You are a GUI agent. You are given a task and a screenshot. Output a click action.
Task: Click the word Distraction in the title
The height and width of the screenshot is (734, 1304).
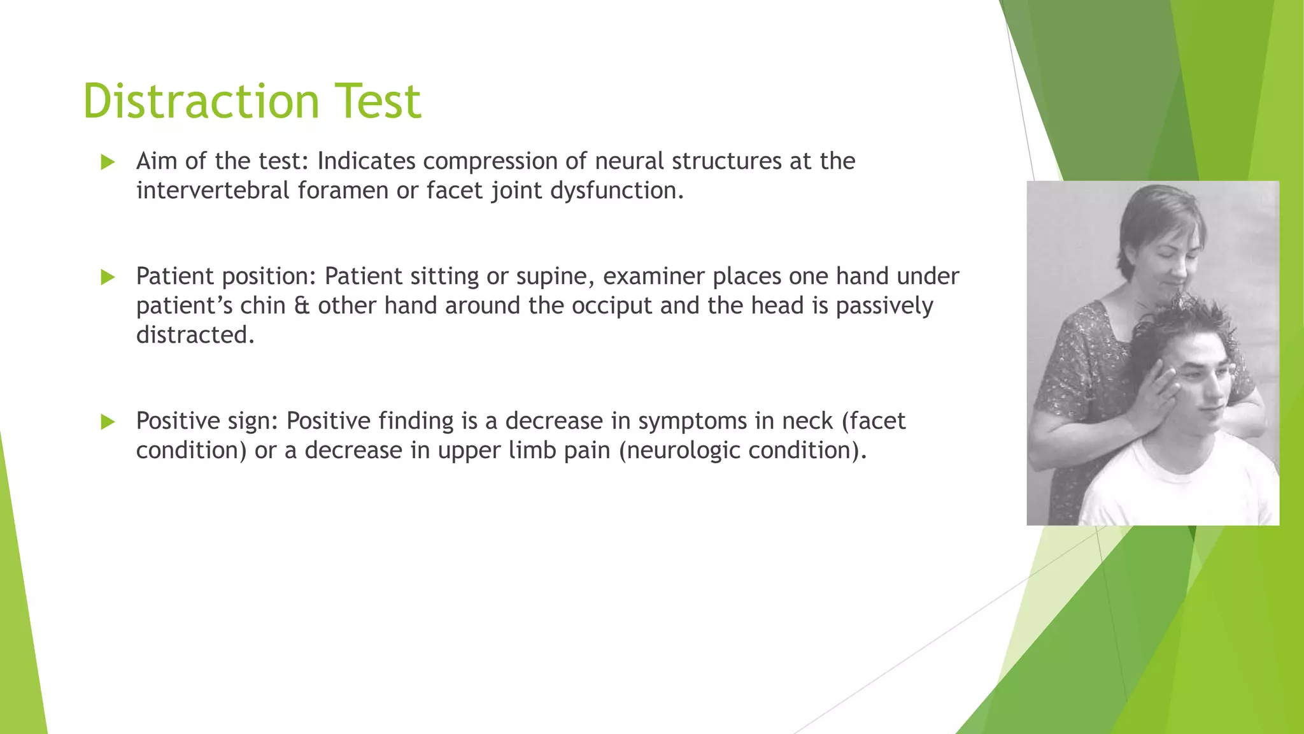201,101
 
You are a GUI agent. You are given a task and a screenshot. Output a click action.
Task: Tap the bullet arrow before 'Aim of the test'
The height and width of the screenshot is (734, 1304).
108,162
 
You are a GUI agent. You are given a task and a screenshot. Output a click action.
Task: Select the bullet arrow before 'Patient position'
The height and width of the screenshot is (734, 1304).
108,277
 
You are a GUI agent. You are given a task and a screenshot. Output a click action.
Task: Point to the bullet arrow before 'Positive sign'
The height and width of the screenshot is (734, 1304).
108,422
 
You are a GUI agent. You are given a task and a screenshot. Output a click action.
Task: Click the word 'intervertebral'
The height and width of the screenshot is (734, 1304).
213,191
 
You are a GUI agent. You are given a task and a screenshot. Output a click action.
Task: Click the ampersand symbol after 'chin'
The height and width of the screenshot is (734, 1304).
301,306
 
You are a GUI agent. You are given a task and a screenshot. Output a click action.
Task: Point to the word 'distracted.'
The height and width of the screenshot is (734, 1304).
195,335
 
